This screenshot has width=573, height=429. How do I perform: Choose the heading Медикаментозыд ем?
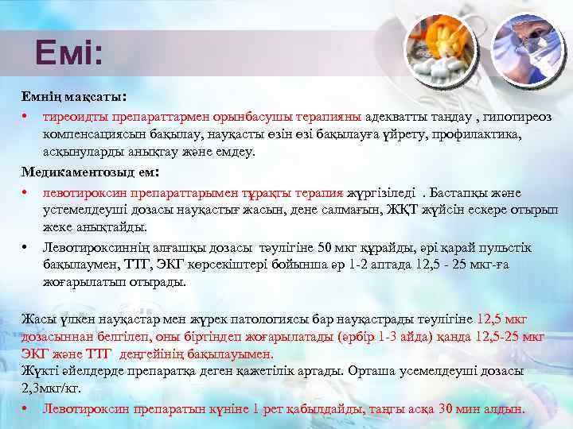point(90,172)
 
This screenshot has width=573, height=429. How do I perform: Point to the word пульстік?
point(502,248)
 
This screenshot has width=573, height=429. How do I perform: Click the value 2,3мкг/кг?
point(51,389)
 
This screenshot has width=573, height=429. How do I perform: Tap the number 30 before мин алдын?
point(448,410)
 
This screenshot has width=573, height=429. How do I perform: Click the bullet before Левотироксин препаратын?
point(26,410)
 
